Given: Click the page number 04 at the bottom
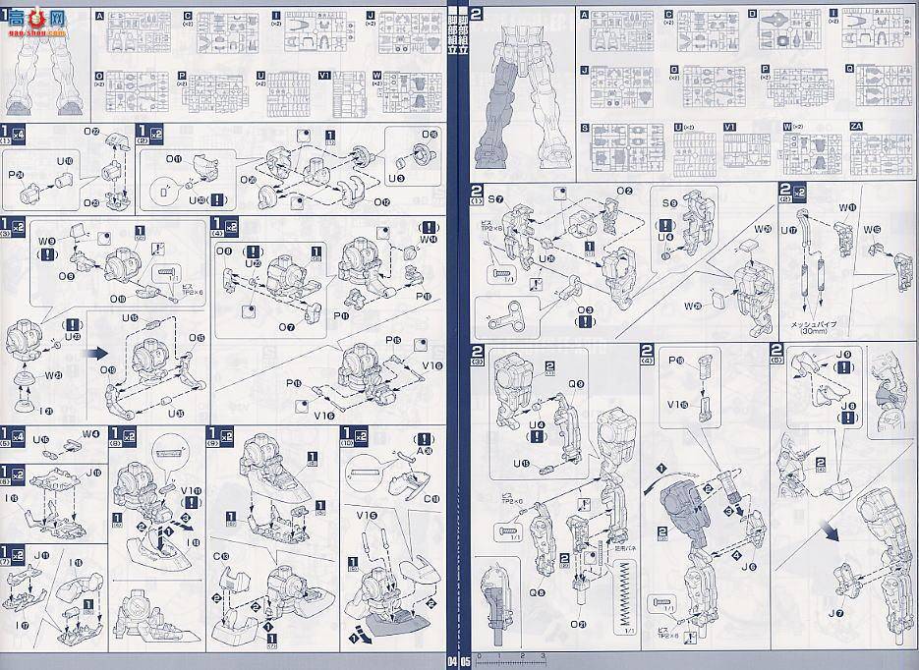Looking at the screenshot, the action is coord(453,659).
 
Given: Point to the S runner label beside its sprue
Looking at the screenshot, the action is coord(584,128).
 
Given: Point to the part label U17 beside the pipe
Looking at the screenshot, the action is coord(791,232).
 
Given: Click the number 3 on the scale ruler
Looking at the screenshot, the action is coord(544,654).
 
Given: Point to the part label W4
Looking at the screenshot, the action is coord(91,434).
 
